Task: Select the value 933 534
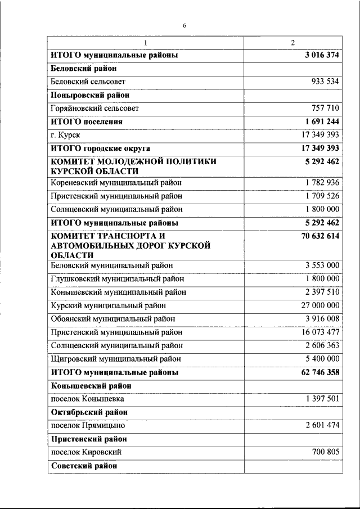coord(325,81)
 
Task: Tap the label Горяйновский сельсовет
coord(94,108)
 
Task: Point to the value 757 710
coord(325,108)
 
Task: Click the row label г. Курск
coord(65,135)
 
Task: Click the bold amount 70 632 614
coord(320,237)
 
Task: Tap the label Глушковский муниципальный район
coord(117,279)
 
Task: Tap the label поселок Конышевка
coord(87,399)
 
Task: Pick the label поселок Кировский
coord(86,452)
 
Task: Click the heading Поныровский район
coord(90,94)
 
